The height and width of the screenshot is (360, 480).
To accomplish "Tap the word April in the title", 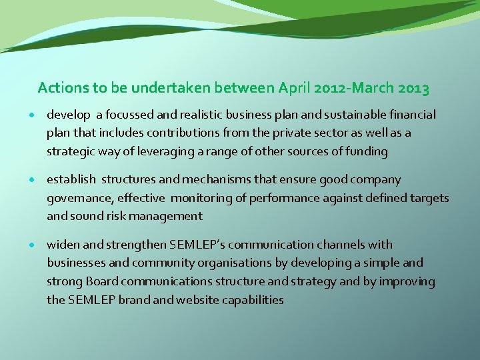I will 295,87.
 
